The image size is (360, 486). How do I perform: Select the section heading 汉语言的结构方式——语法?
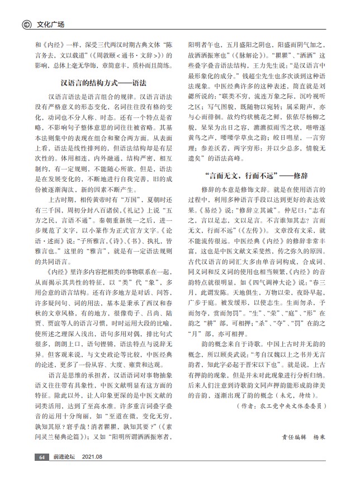coord(103,82)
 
